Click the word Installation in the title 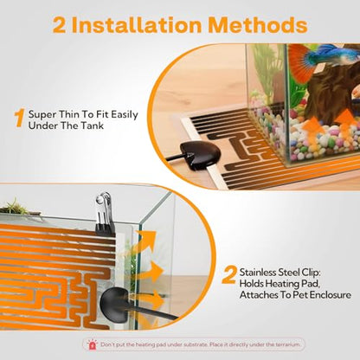tap(139, 25)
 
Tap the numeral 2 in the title tap(59, 25)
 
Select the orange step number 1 tap(20, 118)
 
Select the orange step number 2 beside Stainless tap(229, 275)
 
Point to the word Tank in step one tap(92, 125)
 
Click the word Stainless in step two tap(258, 273)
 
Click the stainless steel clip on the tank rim tap(104, 211)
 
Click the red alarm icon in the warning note tap(93, 344)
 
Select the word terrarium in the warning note tap(287, 344)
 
